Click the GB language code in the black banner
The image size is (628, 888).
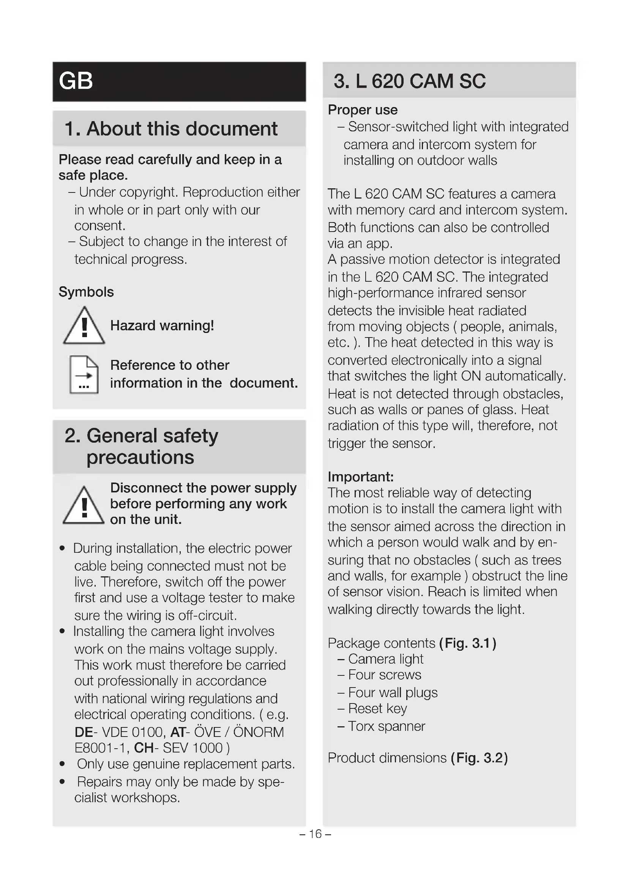[76, 81]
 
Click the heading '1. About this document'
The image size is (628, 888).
[170, 129]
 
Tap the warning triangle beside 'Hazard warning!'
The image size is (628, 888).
[84, 326]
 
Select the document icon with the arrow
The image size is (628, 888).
[84, 374]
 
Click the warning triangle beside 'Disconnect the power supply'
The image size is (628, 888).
[84, 505]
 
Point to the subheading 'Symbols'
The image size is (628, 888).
[86, 292]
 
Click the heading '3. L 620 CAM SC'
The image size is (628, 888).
[409, 81]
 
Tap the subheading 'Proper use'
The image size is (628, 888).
[362, 110]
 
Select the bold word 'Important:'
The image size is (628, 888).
[360, 476]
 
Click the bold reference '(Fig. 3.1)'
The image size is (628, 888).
[467, 643]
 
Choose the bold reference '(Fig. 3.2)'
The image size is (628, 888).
[479, 758]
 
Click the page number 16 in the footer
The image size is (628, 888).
[315, 833]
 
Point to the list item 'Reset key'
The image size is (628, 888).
[377, 708]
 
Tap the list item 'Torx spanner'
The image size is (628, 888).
[386, 726]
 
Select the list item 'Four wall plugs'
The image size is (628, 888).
[393, 692]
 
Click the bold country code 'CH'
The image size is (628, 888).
[144, 748]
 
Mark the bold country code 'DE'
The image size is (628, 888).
[84, 732]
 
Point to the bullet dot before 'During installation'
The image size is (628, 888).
[62, 549]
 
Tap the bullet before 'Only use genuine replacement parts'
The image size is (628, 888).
[62, 764]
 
